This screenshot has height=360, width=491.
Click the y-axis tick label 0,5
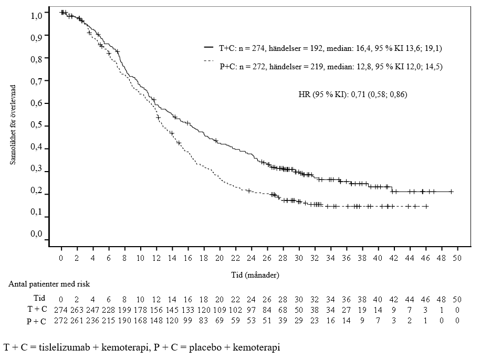tap(36, 126)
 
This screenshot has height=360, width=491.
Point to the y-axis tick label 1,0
tap(36, 16)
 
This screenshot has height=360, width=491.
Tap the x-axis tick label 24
tap(252, 258)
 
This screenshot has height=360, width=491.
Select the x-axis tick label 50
tap(457, 258)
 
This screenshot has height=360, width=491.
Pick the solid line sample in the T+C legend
tap(208, 48)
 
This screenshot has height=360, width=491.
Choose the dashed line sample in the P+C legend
tap(208, 62)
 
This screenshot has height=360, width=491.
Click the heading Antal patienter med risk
tap(50, 284)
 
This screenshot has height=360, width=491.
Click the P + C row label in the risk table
tap(37, 320)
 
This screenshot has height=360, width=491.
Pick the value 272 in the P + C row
tap(62, 320)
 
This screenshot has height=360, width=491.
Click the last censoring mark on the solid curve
tap(451, 192)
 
